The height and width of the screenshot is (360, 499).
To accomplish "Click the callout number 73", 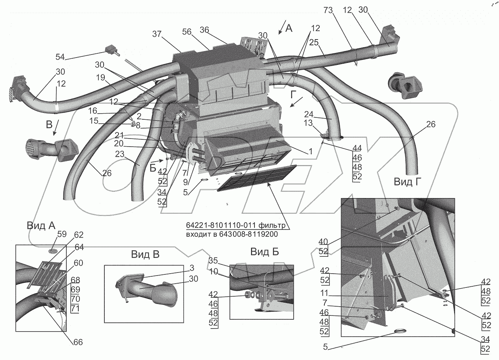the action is (328, 10).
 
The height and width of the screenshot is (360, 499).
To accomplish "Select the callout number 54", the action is (60, 57).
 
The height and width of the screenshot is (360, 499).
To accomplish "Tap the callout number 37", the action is (157, 34).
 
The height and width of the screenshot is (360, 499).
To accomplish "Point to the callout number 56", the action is (187, 32).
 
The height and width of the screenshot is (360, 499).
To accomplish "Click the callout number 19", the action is (101, 77).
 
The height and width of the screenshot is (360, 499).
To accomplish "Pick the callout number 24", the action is (309, 114).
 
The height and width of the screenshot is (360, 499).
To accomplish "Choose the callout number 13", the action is (308, 123).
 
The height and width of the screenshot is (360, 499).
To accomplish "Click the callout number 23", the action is (120, 154).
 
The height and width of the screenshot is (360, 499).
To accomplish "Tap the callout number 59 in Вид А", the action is (62, 234).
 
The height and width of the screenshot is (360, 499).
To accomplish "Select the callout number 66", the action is (78, 342).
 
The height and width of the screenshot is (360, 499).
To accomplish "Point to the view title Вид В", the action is (145, 254).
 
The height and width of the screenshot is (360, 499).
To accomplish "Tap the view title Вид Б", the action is (264, 252).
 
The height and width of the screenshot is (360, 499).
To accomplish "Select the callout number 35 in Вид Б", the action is (213, 261).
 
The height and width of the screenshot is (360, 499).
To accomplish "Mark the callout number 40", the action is (323, 242).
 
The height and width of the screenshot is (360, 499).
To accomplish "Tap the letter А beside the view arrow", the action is (289, 28).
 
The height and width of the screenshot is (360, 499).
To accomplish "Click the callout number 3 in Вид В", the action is (192, 268).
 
